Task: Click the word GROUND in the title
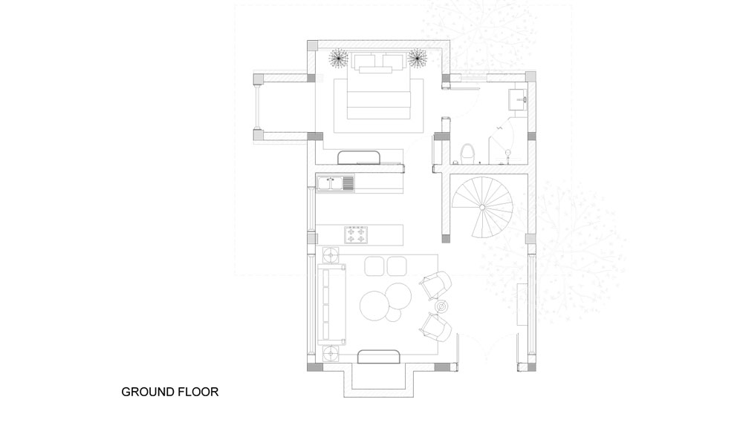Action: click(148, 392)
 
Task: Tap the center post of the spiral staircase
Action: click(482, 207)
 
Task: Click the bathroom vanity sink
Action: click(518, 99)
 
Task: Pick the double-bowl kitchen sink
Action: click(336, 183)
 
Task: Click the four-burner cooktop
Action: click(356, 234)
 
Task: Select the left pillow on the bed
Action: click(365, 61)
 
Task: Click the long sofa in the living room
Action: click(331, 303)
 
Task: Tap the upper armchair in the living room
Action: click(435, 285)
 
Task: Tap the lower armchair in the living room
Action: click(435, 327)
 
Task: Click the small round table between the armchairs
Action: click(441, 307)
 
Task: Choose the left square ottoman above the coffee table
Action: click(374, 266)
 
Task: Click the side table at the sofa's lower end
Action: click(331, 353)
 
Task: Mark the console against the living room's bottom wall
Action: click(379, 357)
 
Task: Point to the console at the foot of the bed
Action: click(359, 157)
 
